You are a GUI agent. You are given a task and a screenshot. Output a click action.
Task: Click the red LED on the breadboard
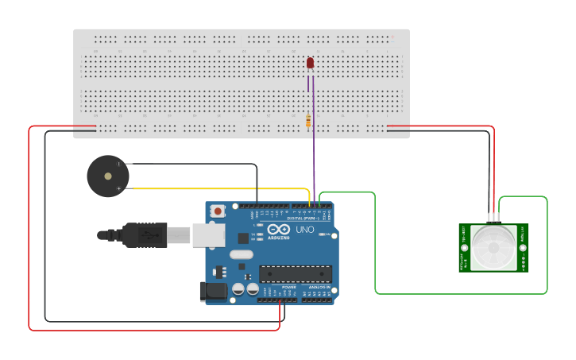pos(310,63)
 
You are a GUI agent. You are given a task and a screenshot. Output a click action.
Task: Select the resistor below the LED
pos(308,121)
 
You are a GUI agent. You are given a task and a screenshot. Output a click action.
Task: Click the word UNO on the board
pos(306,230)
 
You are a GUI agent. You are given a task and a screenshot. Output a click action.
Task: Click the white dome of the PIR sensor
pos(493,247)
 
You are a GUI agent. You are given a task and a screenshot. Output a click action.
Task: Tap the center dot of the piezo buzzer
pos(107,176)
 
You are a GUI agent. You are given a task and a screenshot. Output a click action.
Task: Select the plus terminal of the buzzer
pos(119,188)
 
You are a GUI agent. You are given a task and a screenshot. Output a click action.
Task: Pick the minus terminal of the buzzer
pos(119,165)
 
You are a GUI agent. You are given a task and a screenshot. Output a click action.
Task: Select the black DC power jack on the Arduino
pos(213,291)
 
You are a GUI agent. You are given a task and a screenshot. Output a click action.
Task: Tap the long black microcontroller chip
pos(296,273)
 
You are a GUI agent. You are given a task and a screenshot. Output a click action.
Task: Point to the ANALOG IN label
pos(315,287)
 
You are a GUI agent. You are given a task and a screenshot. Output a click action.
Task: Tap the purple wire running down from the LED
pos(314,159)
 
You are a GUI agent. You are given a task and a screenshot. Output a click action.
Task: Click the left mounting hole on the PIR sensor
pos(463,247)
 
